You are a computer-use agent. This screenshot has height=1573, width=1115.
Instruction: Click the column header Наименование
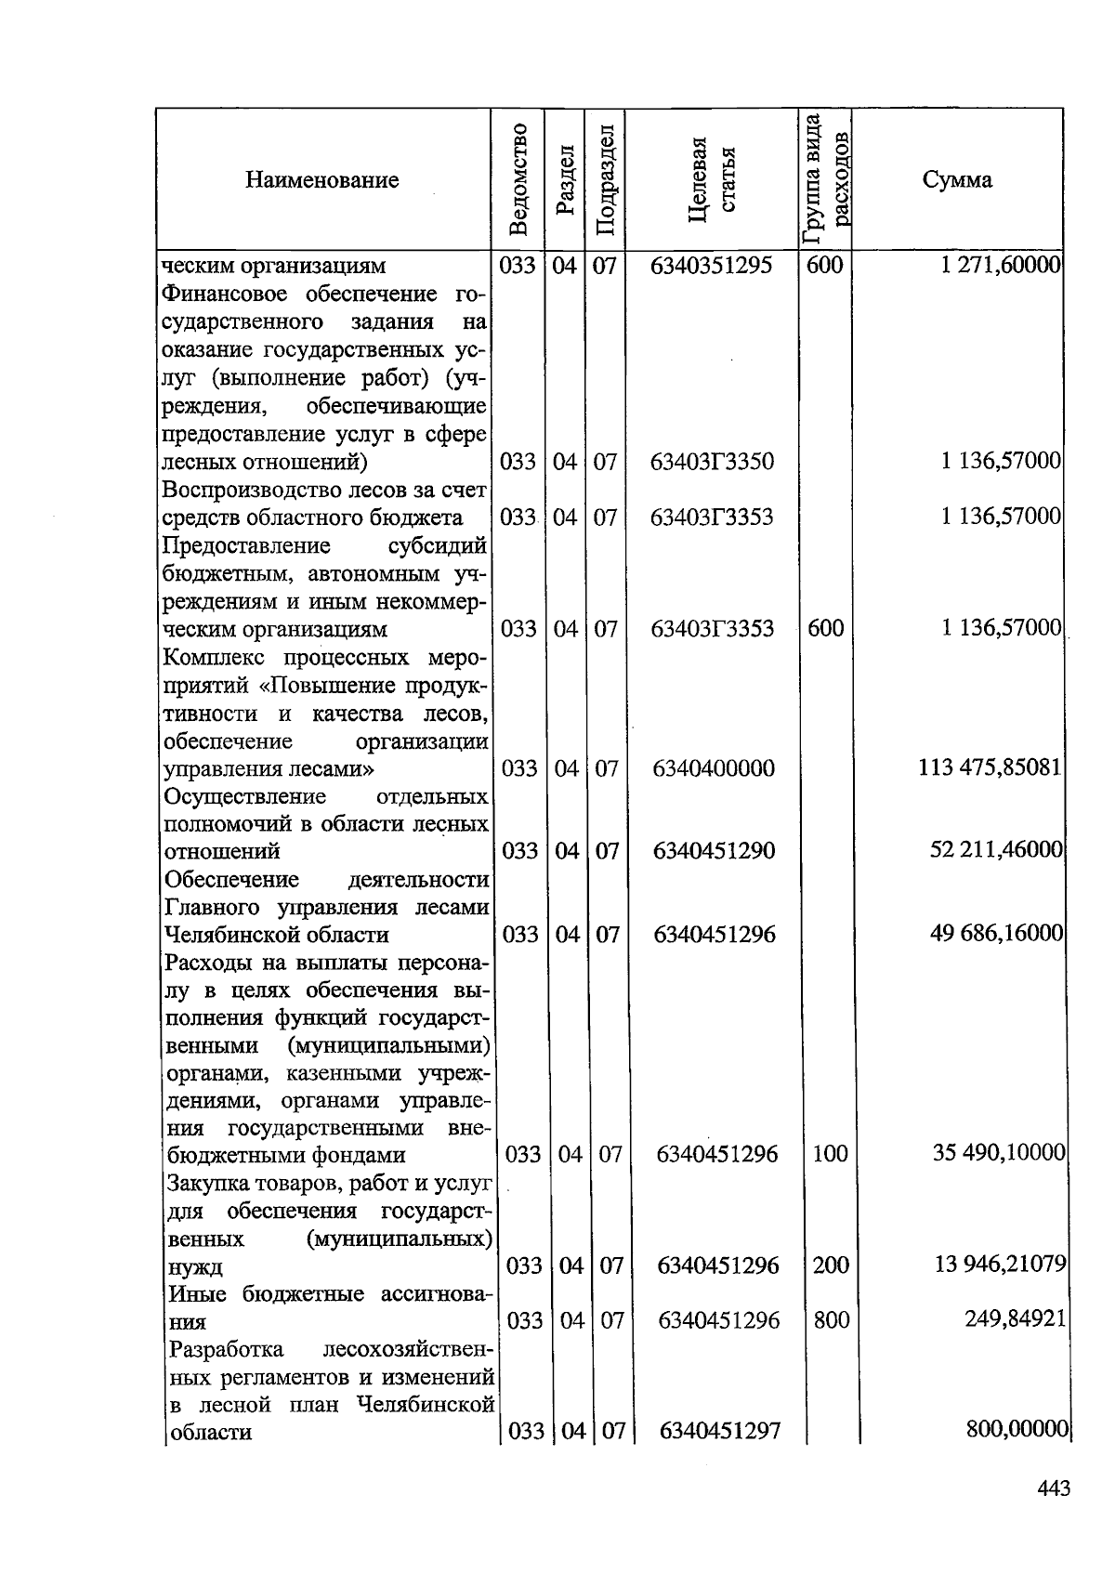click(321, 180)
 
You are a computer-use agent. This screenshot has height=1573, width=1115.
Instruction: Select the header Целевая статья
click(712, 179)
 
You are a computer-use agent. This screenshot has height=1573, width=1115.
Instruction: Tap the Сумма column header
click(957, 180)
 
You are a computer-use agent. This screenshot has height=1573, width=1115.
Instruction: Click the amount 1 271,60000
click(1000, 266)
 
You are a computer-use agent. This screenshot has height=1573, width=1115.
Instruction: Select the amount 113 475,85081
click(990, 768)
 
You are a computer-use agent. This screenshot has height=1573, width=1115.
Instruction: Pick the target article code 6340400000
click(714, 769)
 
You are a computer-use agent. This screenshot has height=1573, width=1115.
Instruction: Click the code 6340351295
click(712, 267)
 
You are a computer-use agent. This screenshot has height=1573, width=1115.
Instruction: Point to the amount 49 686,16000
click(996, 934)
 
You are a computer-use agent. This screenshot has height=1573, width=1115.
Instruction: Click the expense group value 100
click(830, 1155)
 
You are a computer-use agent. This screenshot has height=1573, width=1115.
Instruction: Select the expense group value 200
click(831, 1265)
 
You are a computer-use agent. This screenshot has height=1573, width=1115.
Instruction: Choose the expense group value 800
click(831, 1320)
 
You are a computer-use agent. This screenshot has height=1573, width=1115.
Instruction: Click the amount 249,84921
click(1014, 1319)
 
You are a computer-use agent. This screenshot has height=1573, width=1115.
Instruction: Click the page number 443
click(1054, 1489)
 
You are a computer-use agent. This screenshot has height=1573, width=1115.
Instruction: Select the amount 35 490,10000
click(999, 1154)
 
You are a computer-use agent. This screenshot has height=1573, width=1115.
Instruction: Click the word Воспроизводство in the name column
click(239, 490)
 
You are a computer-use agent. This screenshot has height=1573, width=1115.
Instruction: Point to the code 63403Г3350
click(712, 462)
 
